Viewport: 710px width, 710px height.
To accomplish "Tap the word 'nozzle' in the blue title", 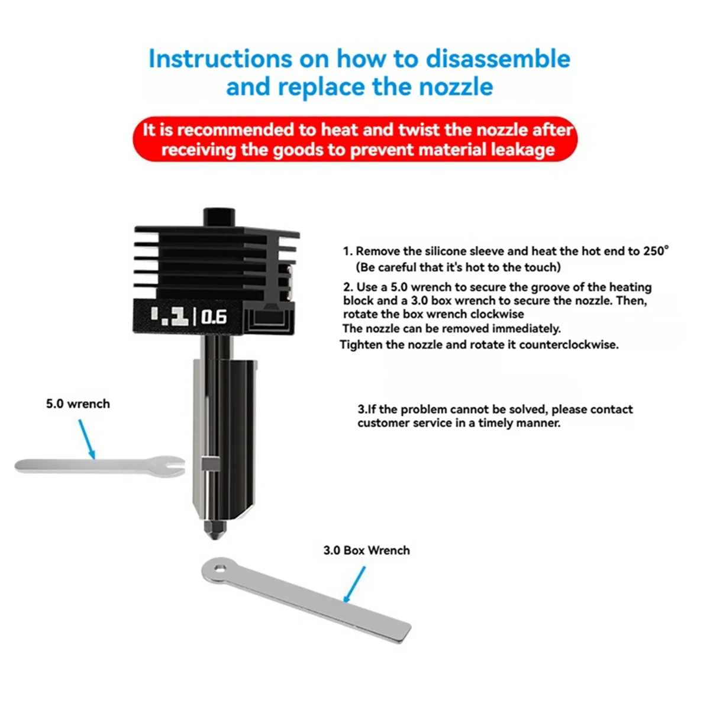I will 456,87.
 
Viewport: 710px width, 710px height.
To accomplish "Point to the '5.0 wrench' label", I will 78,404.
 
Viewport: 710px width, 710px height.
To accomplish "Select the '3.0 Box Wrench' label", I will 366,550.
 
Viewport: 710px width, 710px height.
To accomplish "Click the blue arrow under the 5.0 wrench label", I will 86,438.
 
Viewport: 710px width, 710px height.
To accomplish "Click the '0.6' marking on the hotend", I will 214,318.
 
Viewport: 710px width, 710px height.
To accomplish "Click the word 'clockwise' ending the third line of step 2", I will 500,314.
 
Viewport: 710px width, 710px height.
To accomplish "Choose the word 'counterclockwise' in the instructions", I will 569,344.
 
